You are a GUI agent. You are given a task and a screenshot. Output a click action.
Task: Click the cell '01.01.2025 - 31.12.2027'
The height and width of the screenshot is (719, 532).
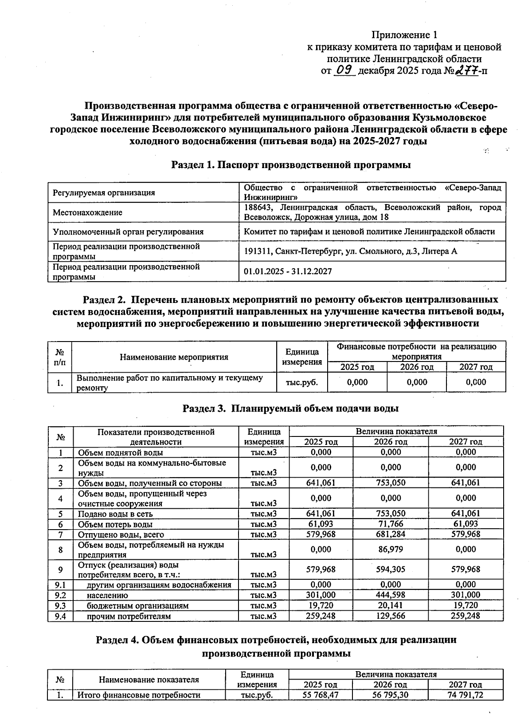(x=288, y=271)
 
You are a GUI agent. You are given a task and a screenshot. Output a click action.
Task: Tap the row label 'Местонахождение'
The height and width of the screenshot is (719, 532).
(x=87, y=212)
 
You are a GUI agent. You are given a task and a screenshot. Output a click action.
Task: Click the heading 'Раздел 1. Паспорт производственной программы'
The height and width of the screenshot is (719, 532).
(x=291, y=165)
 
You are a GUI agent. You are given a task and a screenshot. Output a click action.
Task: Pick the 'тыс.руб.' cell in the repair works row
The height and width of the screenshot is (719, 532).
(x=302, y=382)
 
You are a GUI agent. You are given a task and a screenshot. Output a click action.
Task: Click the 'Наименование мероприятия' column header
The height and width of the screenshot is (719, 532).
(x=174, y=357)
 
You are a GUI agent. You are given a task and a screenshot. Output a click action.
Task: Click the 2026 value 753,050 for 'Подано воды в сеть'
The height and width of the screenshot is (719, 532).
(x=391, y=514)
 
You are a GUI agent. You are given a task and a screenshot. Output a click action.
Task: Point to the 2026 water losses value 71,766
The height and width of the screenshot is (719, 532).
(x=391, y=524)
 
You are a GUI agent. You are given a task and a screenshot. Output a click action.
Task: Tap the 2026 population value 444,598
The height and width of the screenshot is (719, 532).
(x=391, y=595)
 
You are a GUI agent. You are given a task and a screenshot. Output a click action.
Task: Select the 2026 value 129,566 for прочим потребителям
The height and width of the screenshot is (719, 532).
(x=391, y=616)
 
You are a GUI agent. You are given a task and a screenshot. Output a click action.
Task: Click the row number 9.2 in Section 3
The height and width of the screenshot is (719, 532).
(x=60, y=595)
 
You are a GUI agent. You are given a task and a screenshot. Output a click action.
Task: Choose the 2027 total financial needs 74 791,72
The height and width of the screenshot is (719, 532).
(x=465, y=695)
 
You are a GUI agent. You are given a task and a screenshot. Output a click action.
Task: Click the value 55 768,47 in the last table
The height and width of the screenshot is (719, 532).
(x=321, y=695)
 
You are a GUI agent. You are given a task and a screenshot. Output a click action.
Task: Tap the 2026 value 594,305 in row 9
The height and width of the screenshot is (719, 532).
(x=391, y=569)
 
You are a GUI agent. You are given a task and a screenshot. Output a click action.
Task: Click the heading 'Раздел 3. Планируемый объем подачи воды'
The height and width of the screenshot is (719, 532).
(x=290, y=409)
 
